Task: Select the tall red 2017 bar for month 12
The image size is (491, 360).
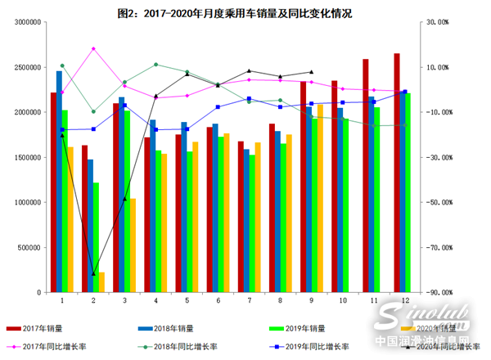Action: [396, 172]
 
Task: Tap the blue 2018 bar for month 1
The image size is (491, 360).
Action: [59, 180]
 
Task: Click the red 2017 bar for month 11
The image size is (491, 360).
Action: [365, 176]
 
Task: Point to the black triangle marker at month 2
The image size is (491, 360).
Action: [93, 273]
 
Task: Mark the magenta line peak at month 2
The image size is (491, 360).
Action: [93, 48]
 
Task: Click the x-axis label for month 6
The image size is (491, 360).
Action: [218, 301]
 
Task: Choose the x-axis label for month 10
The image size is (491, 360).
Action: [342, 301]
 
